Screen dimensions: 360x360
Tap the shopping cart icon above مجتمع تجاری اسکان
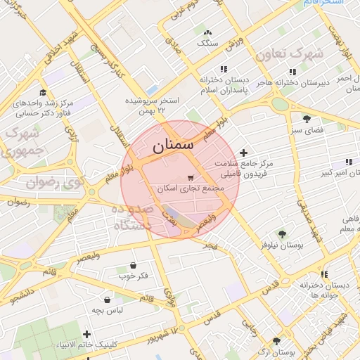click(x=191, y=178)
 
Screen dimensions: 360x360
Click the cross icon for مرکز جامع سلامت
click(x=244, y=153)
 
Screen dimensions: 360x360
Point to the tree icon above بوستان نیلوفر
click(x=282, y=234)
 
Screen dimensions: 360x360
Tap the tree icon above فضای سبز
click(x=306, y=118)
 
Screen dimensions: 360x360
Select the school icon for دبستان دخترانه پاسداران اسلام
click(x=223, y=69)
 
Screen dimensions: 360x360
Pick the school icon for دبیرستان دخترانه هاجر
click(x=291, y=72)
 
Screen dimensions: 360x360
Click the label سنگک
click(x=208, y=43)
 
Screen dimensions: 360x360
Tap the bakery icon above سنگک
click(x=207, y=32)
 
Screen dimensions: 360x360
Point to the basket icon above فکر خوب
click(x=134, y=265)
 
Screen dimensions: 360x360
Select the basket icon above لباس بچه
click(x=107, y=300)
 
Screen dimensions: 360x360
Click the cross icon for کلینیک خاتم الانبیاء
click(x=86, y=334)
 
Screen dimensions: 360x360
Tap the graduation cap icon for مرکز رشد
click(x=42, y=92)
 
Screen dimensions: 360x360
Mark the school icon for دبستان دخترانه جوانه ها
click(x=324, y=274)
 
